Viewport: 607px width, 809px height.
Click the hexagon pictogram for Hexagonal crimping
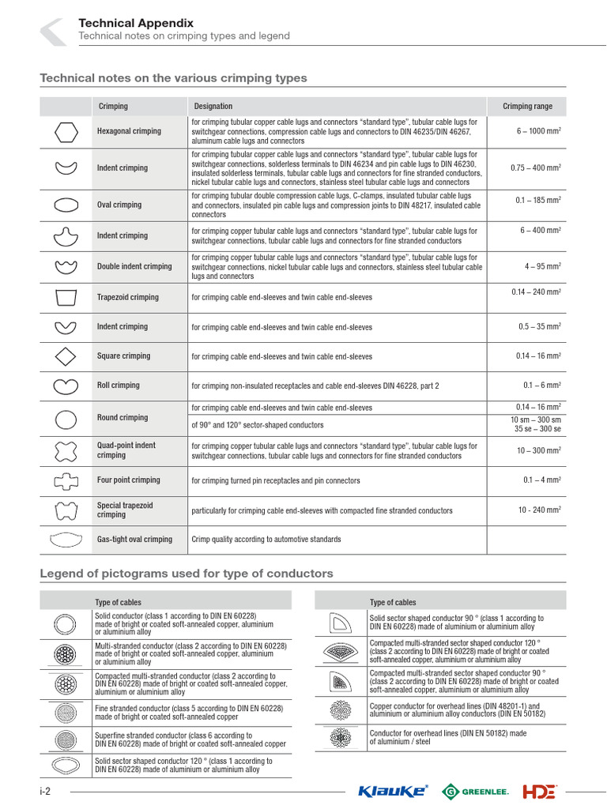click(66, 131)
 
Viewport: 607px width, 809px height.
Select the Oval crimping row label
click(119, 205)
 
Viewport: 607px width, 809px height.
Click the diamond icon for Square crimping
click(66, 356)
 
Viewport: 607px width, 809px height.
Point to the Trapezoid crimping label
click(127, 298)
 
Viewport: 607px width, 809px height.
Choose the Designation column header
click(213, 107)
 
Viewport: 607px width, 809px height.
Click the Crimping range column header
click(527, 107)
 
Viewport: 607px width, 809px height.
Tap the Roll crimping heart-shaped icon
click(66, 386)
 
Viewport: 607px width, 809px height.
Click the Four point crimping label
click(128, 480)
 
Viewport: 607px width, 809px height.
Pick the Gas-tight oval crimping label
click(134, 540)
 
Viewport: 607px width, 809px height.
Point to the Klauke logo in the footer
click(393, 791)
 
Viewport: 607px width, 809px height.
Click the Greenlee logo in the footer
click(475, 791)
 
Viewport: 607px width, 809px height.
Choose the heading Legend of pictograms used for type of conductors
click(187, 574)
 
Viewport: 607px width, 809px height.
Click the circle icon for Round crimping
click(66, 418)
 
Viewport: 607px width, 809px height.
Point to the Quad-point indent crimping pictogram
click(66, 450)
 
